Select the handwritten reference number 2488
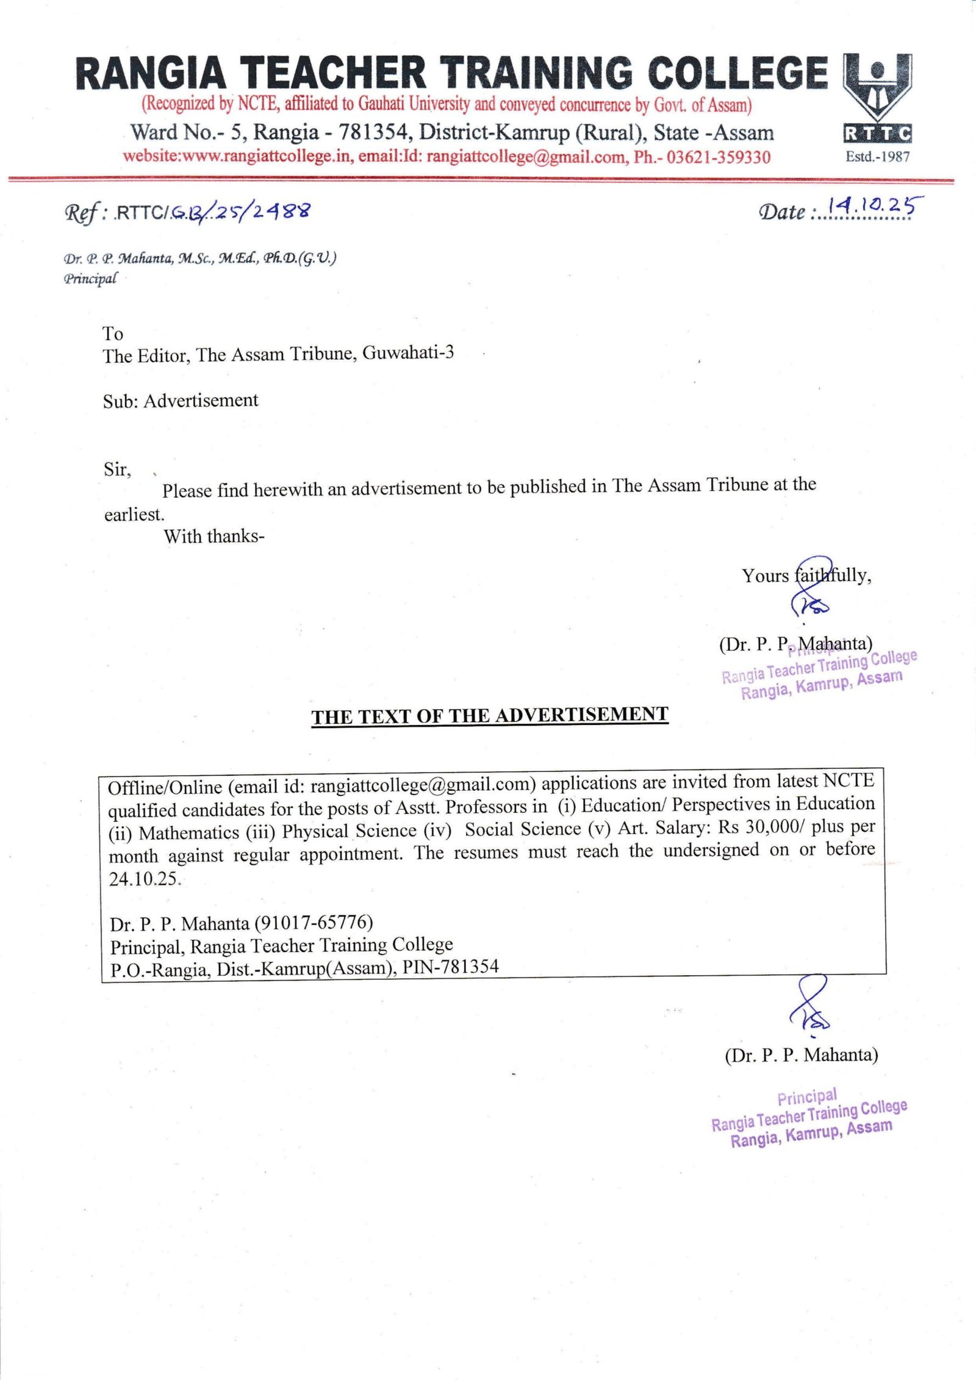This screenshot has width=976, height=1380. coord(281,211)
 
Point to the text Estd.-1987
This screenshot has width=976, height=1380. coord(877,157)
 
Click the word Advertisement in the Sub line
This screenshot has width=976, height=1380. coord(201,401)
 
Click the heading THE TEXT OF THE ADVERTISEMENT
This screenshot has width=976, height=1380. coord(490,715)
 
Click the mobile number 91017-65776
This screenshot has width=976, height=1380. coord(314,922)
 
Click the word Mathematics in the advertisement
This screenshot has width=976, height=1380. coord(189,833)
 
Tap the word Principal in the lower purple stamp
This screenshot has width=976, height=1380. coord(806,1098)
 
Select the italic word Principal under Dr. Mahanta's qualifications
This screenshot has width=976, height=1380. coord(89,279)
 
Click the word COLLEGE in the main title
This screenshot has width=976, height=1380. coord(737,73)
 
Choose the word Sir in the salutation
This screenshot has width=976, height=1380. coord(116,470)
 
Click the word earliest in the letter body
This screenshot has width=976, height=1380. coord(134,515)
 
